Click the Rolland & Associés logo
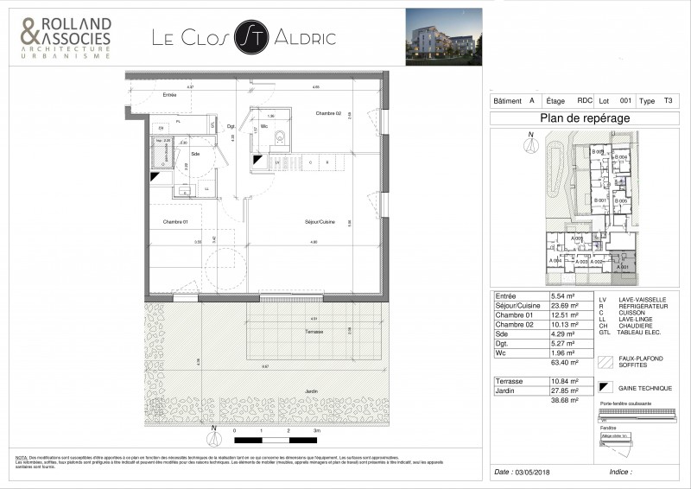tap(67, 37)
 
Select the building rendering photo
tap(444, 36)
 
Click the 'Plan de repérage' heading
tap(584, 118)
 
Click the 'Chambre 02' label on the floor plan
tap(329, 113)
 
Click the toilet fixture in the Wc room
tap(279, 137)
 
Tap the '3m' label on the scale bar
tap(317, 429)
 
